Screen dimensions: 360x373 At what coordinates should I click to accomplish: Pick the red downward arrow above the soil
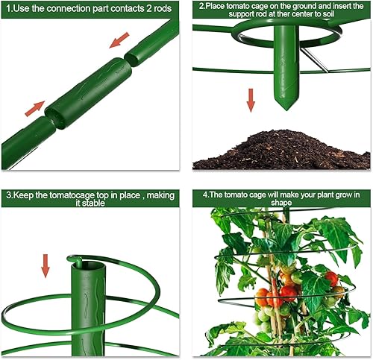point(251,100)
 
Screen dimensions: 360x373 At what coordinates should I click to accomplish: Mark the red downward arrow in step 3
point(46,265)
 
